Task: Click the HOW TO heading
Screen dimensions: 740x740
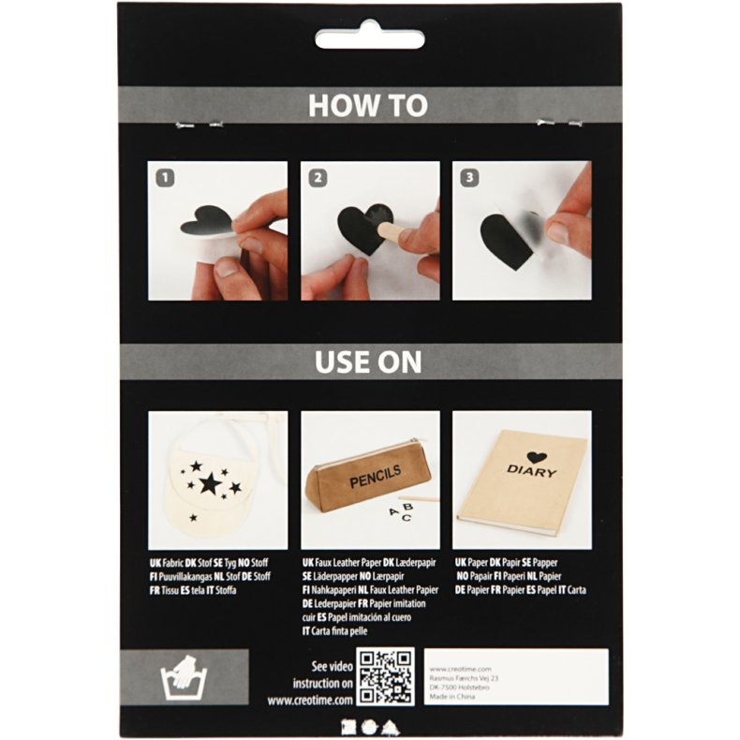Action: (368, 106)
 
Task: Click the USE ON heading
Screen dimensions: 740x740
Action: (368, 362)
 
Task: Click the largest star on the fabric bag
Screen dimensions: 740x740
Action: (209, 483)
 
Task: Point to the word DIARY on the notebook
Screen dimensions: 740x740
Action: (531, 471)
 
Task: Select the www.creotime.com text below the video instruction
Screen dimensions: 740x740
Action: (309, 700)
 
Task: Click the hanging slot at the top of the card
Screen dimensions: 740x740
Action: (368, 40)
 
